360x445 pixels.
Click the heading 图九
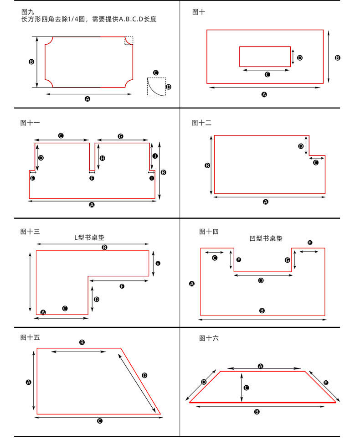(27, 11)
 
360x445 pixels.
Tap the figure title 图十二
(202, 123)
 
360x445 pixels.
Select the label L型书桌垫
(93, 237)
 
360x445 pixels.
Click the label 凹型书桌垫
(266, 238)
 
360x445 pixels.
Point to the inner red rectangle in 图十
(265, 57)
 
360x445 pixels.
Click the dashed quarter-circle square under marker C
(156, 87)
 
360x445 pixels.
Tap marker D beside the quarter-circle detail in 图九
(169, 87)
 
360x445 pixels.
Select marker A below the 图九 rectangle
(87, 98)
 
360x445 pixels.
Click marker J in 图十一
(155, 156)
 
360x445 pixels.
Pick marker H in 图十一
(103, 158)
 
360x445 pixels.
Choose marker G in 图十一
(120, 136)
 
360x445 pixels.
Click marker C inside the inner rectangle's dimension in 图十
(267, 74)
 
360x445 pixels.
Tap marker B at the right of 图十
(337, 58)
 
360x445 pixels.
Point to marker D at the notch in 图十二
(301, 146)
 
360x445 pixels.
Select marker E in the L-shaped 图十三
(158, 264)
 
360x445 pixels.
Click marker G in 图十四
(287, 260)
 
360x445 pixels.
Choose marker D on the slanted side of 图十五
(144, 375)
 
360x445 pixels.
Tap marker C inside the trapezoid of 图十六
(246, 388)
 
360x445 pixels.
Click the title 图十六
(209, 338)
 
